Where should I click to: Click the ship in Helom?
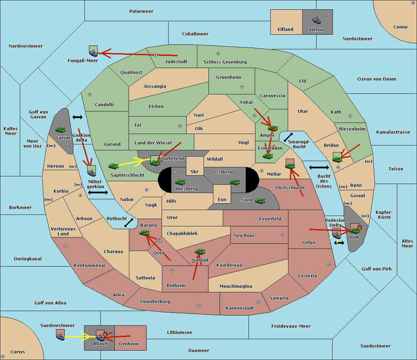(317, 20)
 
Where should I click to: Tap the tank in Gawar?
(60, 129)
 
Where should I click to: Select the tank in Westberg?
(180, 182)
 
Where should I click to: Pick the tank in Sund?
(260, 201)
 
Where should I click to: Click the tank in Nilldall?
(200, 252)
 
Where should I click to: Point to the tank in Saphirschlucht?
(113, 166)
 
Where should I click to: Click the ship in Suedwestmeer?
(60, 337)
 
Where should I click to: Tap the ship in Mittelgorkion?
(91, 173)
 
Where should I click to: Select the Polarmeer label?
(141, 11)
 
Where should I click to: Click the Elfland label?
(285, 30)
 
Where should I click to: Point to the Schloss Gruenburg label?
(225, 62)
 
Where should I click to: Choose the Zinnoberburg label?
(155, 302)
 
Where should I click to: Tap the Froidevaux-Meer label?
(291, 326)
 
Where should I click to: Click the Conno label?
(400, 27)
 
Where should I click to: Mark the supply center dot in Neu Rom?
(283, 235)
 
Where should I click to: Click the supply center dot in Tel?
(180, 126)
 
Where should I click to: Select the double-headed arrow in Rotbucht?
(129, 223)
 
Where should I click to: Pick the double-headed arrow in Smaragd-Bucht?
(288, 137)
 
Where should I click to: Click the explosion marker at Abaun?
(105, 335)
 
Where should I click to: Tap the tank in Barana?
(145, 233)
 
